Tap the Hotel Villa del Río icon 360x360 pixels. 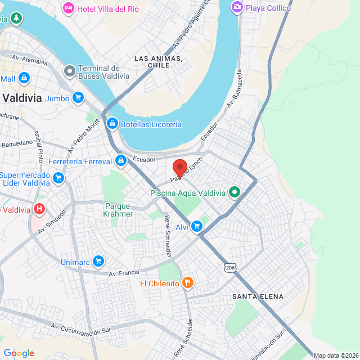click(x=69, y=8)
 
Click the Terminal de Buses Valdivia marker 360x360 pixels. click(x=69, y=71)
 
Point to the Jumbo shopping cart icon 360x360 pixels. click(x=78, y=98)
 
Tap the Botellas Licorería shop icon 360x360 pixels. click(x=112, y=124)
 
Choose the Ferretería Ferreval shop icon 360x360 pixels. click(x=120, y=161)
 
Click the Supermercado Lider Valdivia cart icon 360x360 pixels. click(x=58, y=178)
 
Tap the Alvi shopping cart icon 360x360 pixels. click(x=196, y=226)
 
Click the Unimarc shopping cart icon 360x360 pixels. click(x=98, y=261)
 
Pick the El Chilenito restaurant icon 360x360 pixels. click(x=188, y=283)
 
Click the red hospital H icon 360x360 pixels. click(x=39, y=210)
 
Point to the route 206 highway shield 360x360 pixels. click(x=229, y=268)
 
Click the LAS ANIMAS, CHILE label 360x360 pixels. click(x=158, y=62)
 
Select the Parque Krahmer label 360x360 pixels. click(x=119, y=210)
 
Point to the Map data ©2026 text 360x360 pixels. click(x=336, y=355)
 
